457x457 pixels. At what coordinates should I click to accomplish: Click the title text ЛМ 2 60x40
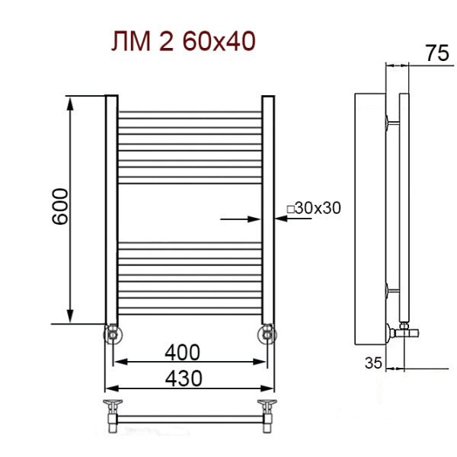point(184,41)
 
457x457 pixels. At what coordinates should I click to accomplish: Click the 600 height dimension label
point(60,206)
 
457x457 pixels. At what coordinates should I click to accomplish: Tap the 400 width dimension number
point(183,353)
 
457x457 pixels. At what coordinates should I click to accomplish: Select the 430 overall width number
point(184,379)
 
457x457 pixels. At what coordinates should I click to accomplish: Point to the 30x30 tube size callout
point(314,208)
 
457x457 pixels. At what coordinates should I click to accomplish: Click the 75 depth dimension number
point(437,53)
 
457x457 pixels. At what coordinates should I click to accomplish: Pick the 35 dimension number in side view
point(373,363)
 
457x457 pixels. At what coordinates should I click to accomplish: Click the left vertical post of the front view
point(112,209)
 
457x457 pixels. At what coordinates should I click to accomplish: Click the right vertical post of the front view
point(268,209)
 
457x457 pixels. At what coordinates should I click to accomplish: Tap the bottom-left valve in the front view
point(113,334)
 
